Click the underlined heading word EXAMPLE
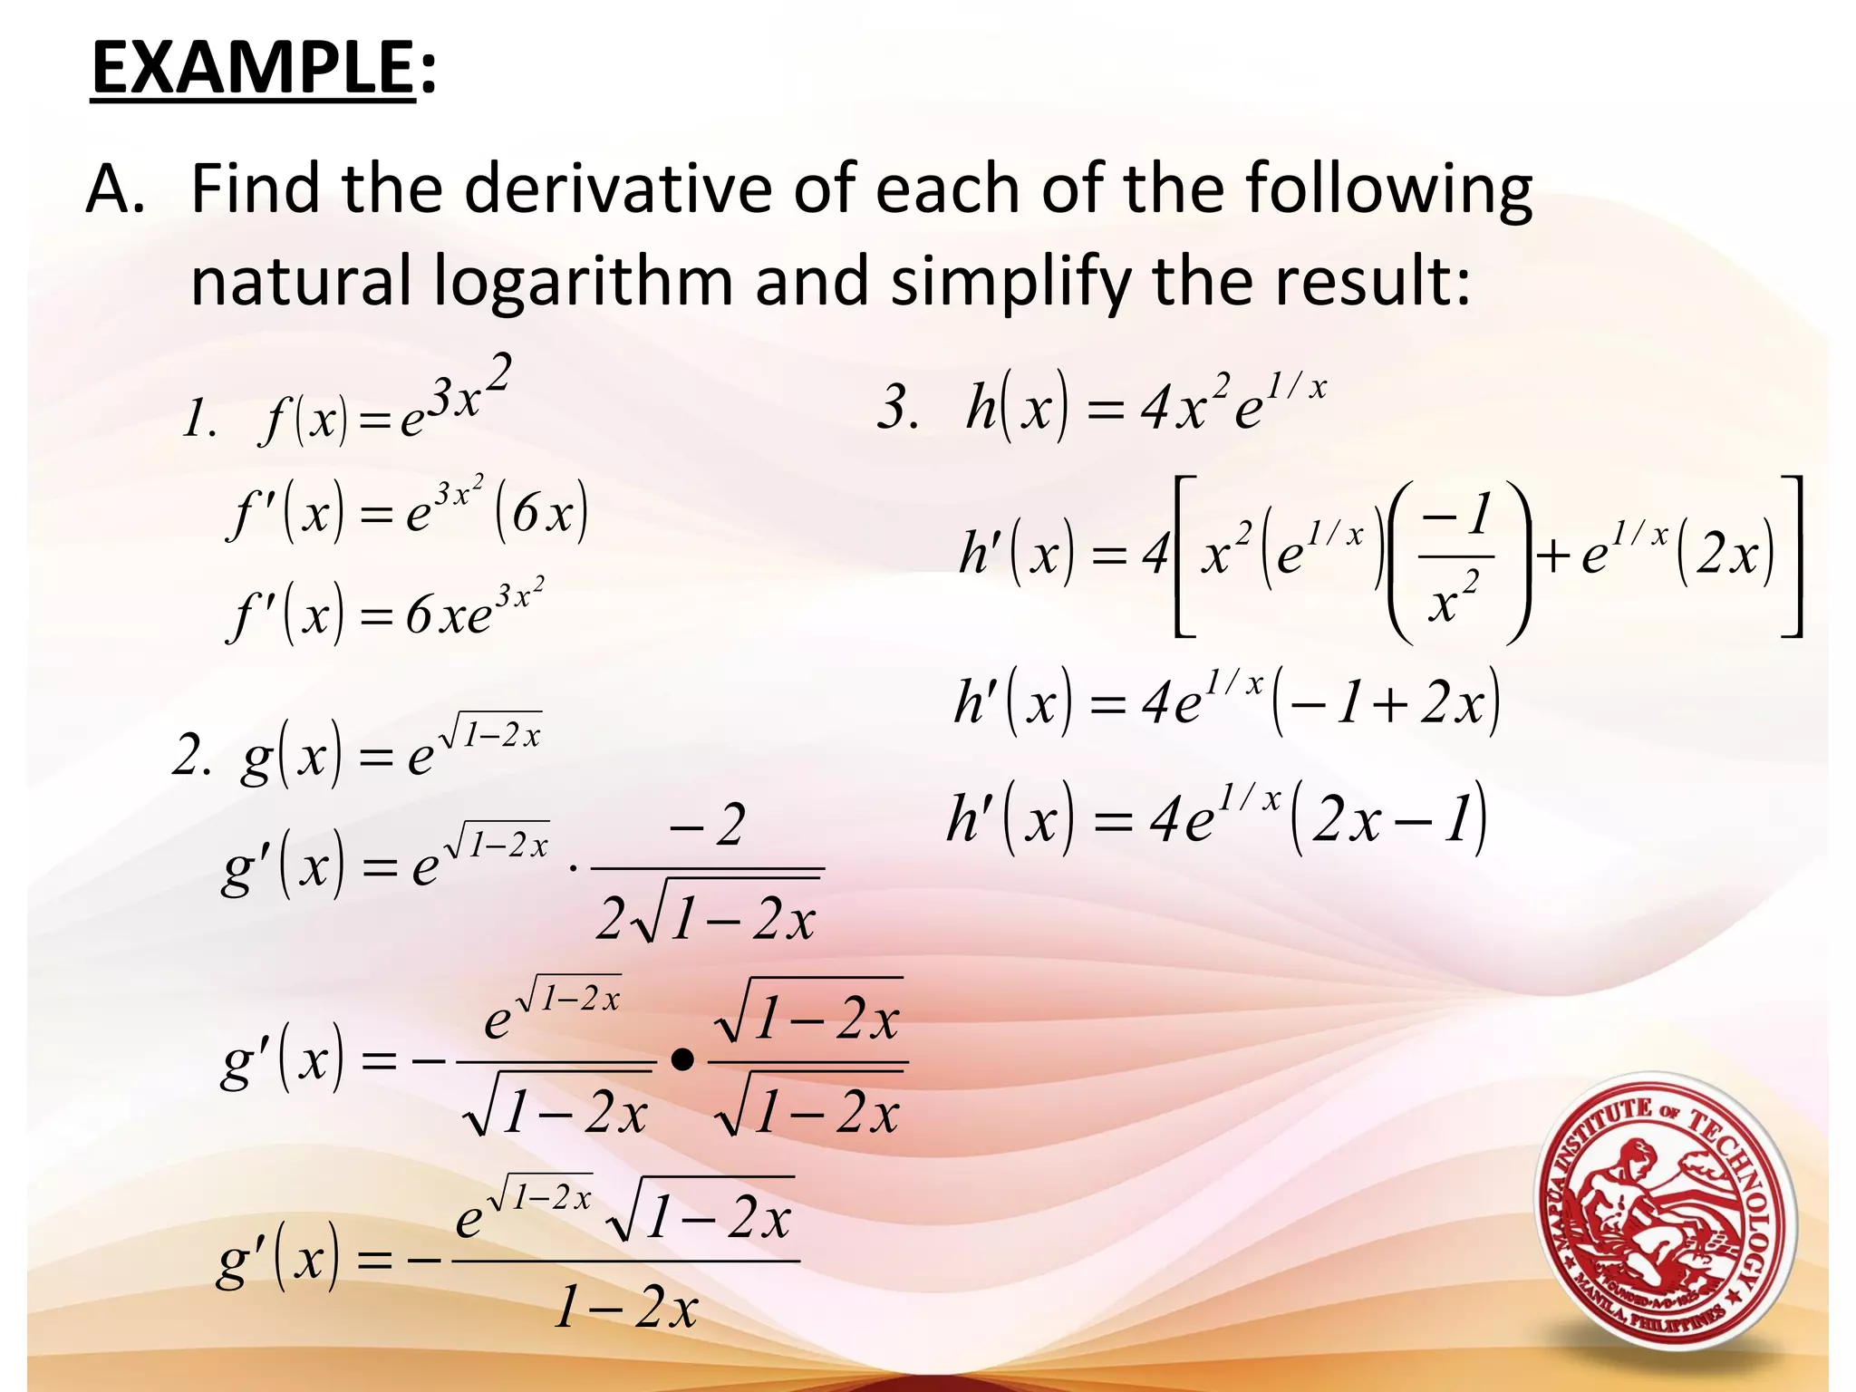253,69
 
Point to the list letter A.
114,190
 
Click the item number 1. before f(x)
198,420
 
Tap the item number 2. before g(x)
191,757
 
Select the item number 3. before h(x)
898,407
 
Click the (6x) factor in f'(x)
542,514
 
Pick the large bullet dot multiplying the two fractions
683,1059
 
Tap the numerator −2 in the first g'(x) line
707,826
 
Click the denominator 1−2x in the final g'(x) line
626,1308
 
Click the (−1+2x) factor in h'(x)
1387,703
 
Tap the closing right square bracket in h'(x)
1792,556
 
